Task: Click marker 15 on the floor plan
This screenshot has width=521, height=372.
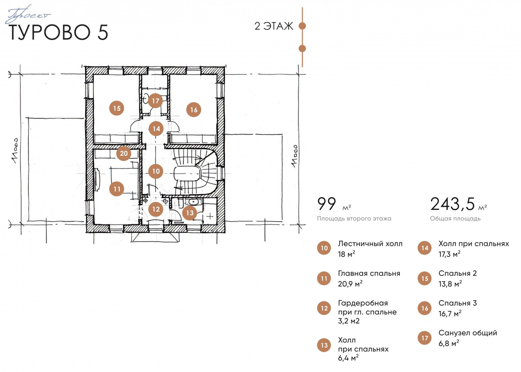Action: coord(116,108)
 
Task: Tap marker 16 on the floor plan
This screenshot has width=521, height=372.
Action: coord(194,110)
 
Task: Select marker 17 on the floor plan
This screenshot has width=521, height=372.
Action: coord(155,101)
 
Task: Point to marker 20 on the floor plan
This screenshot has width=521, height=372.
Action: coord(123,153)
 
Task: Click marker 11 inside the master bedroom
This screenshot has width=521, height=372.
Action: coord(116,189)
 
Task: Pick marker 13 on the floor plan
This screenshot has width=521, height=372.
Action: coord(190,213)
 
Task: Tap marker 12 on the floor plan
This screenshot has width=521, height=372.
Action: coord(156,209)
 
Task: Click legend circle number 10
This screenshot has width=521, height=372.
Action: coord(324,248)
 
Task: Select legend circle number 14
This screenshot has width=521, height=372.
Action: coord(425,248)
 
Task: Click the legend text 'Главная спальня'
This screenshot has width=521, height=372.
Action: coord(369,273)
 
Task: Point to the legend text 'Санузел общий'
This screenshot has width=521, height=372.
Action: coord(468,333)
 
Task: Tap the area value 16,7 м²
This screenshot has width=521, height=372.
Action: coord(450,314)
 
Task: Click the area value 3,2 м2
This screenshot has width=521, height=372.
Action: coord(349,321)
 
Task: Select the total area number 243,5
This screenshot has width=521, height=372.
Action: coord(452,204)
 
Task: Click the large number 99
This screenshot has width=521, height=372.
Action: coord(327,204)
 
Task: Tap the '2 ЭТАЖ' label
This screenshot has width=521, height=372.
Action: coord(274,26)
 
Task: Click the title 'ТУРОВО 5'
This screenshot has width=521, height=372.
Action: coord(58,32)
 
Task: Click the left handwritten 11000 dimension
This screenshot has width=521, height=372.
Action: coord(15,151)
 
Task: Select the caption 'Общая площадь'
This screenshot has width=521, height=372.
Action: coord(455,218)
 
